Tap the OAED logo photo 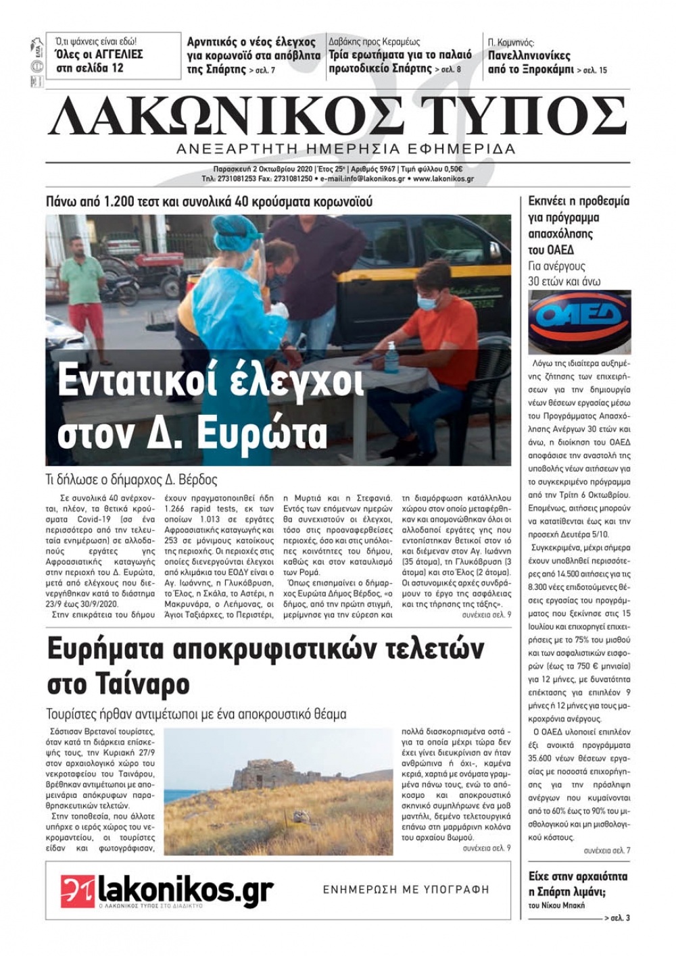point(579,322)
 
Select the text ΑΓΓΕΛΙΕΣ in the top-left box point(112,55)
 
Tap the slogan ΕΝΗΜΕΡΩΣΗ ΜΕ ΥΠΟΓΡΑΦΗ point(406,890)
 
